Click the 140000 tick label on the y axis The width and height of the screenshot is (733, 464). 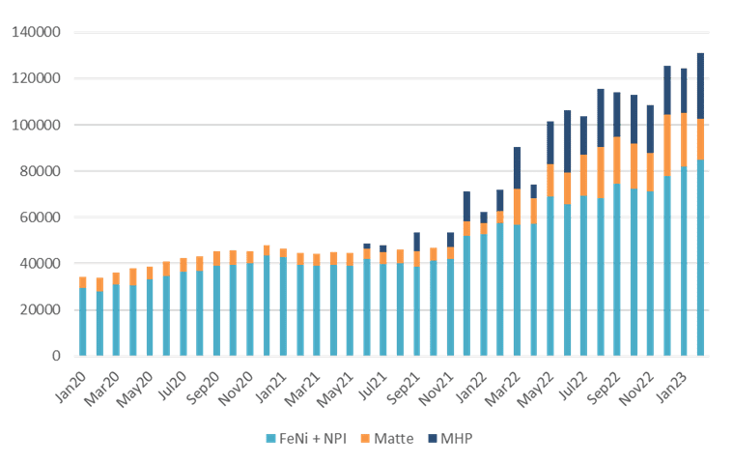[37, 33]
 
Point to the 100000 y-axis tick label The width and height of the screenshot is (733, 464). [37, 125]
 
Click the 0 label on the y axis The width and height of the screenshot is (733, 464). [56, 357]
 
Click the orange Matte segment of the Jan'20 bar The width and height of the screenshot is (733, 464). [83, 281]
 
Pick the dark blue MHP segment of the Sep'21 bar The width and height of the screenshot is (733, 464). [416, 241]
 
